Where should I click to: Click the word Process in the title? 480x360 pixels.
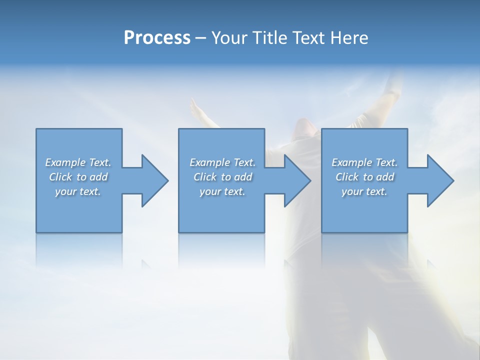(x=157, y=38)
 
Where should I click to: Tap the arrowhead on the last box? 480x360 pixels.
(x=439, y=180)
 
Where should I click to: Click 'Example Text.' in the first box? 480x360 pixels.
(x=78, y=162)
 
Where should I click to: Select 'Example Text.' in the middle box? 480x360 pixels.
(x=222, y=162)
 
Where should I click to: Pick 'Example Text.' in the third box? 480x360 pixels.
(x=364, y=162)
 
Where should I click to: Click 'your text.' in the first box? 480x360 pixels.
(x=78, y=191)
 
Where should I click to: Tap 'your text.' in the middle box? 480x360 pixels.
(x=222, y=191)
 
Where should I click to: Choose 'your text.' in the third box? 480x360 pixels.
(x=364, y=191)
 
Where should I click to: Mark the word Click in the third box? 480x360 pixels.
(x=347, y=177)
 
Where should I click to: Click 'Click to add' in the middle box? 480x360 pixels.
(x=222, y=177)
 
